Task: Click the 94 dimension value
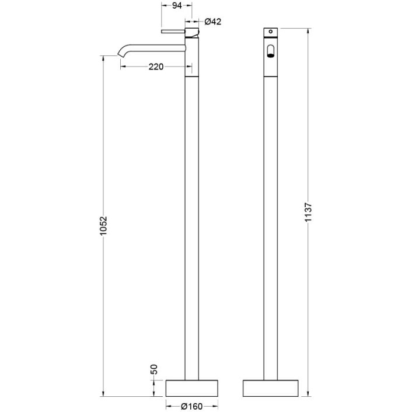pyautogui.click(x=177, y=5)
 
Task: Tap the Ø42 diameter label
pyautogui.click(x=212, y=22)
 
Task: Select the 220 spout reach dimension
pyautogui.click(x=156, y=67)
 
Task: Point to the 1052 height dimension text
pyautogui.click(x=104, y=226)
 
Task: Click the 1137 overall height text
pyautogui.click(x=308, y=212)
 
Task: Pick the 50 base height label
pyautogui.click(x=154, y=369)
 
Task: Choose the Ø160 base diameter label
pyautogui.click(x=191, y=407)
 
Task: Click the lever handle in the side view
pyautogui.click(x=173, y=32)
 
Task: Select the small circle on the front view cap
pyautogui.click(x=271, y=32)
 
